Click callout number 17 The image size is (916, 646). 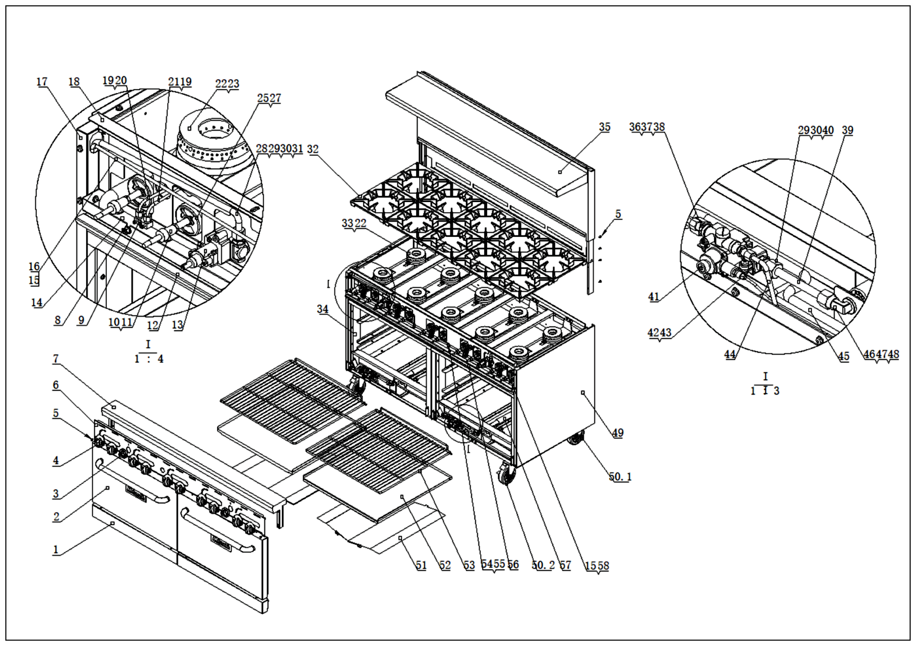42,82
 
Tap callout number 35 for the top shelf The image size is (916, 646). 605,127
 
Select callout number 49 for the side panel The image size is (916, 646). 618,433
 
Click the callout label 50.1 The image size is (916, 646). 620,476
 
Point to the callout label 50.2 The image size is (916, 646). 543,565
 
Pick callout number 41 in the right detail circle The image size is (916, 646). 653,297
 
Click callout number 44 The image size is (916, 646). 730,354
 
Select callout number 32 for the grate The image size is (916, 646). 313,149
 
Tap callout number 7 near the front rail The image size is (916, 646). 56,359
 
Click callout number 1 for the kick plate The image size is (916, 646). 56,550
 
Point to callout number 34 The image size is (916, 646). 323,309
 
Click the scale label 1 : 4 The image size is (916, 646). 148,359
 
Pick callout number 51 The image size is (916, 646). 421,565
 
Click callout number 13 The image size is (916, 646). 177,325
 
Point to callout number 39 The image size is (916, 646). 847,130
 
